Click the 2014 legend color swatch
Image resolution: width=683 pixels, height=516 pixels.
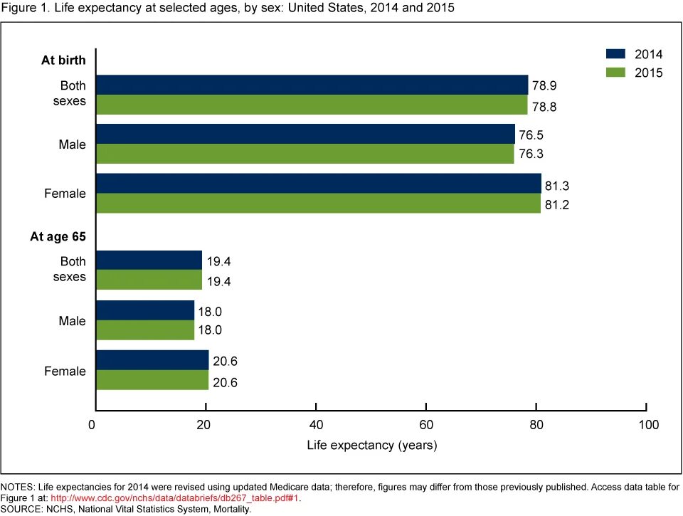(x=615, y=54)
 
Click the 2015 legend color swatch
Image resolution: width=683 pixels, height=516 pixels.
(x=615, y=73)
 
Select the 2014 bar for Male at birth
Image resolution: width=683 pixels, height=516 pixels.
(x=305, y=134)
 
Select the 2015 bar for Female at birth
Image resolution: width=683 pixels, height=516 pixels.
(x=318, y=204)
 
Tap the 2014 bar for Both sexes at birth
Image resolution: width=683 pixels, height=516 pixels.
(x=312, y=85)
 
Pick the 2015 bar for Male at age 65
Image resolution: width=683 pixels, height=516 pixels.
(x=144, y=330)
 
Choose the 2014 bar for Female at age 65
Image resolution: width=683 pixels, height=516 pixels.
(x=152, y=360)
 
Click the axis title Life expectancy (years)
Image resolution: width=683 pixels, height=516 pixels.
(x=371, y=446)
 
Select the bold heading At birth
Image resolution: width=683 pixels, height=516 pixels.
(x=63, y=60)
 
